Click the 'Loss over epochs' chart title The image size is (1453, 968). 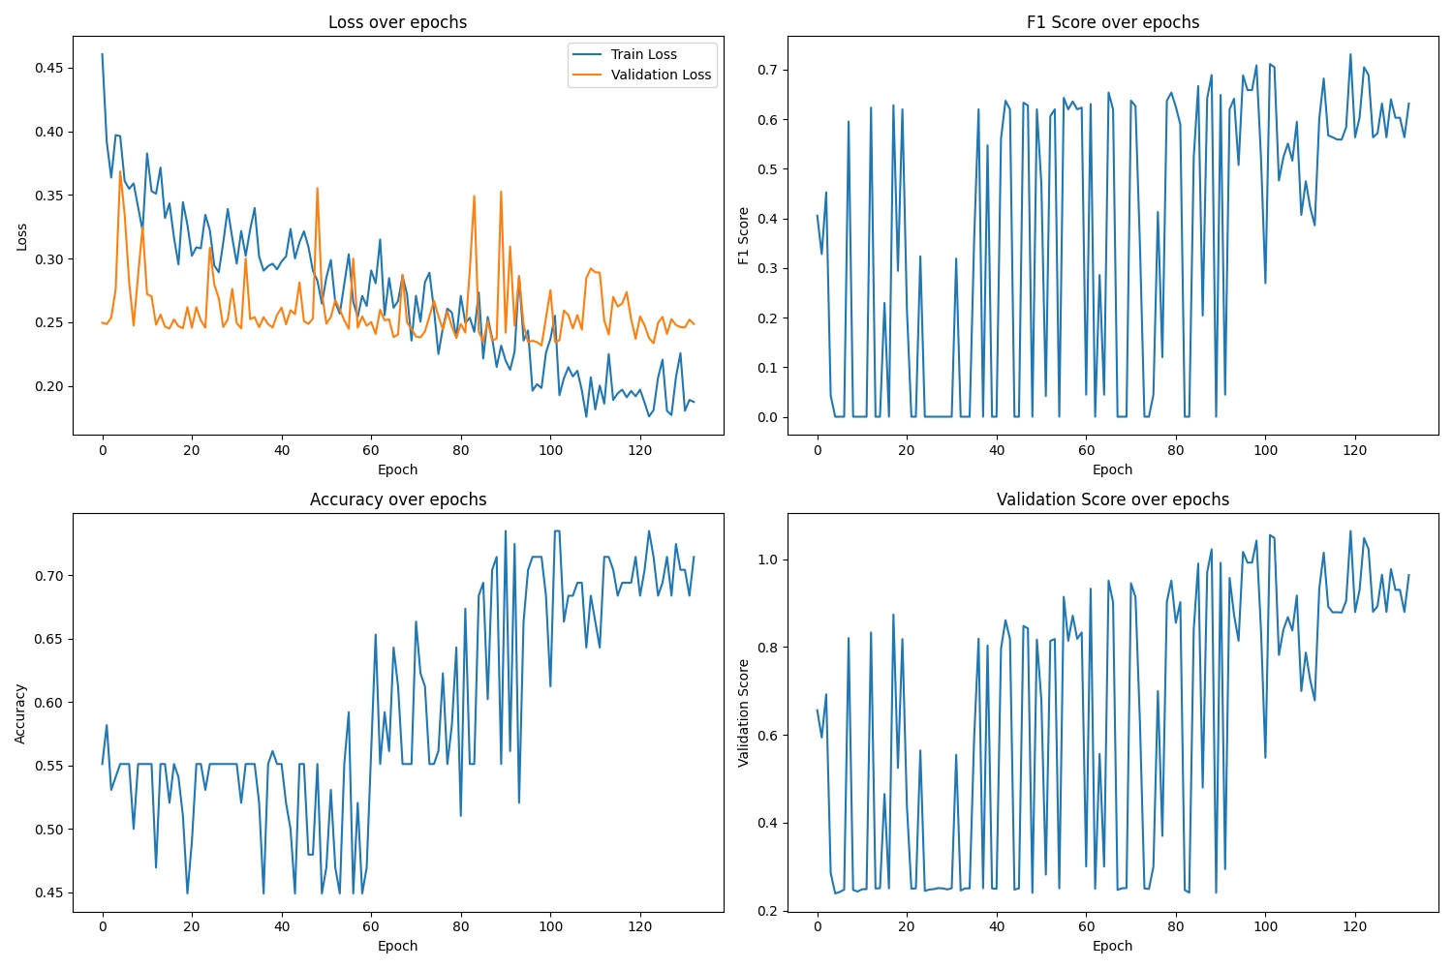click(397, 22)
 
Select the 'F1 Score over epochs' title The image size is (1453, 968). click(1112, 22)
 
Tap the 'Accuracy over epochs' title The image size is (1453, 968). click(397, 499)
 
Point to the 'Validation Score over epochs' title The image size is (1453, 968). click(1112, 499)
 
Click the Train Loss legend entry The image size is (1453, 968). click(643, 54)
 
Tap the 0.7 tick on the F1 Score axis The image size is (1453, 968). click(768, 70)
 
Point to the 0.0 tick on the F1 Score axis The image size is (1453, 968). click(768, 417)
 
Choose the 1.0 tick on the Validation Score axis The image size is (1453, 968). click(768, 560)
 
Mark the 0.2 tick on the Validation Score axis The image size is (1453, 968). click(768, 911)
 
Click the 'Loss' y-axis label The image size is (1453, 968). click(21, 237)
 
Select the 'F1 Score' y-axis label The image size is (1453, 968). click(744, 235)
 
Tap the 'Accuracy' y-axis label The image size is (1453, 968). click(20, 713)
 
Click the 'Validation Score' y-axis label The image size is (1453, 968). click(744, 713)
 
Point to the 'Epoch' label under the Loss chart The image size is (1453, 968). click(397, 469)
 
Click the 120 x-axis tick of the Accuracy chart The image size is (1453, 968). click(639, 926)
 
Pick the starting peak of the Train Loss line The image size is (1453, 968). click(103, 54)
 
